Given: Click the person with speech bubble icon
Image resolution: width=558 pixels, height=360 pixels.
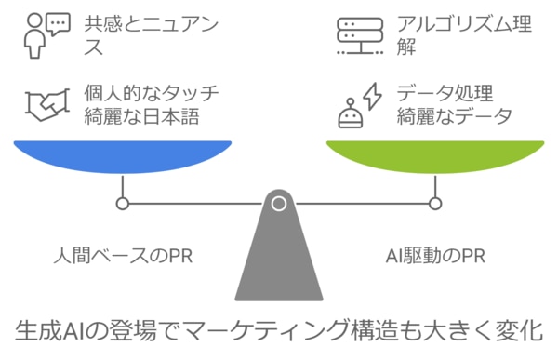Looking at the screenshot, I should pos(43,34).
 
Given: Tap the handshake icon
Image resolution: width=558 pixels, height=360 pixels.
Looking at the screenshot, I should pos(42,107).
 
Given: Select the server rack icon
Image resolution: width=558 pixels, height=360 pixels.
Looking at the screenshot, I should pos(359,34).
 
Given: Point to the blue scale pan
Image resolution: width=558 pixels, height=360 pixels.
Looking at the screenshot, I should pos(122,156).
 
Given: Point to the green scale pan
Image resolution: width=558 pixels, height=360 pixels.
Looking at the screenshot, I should pos(434,156).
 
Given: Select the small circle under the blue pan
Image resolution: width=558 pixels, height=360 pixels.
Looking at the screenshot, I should pos(122,203).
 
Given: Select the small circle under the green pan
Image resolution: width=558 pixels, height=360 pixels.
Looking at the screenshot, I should pos(434,203).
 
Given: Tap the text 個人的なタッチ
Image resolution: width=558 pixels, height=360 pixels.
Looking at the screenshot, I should pos(153,94).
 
